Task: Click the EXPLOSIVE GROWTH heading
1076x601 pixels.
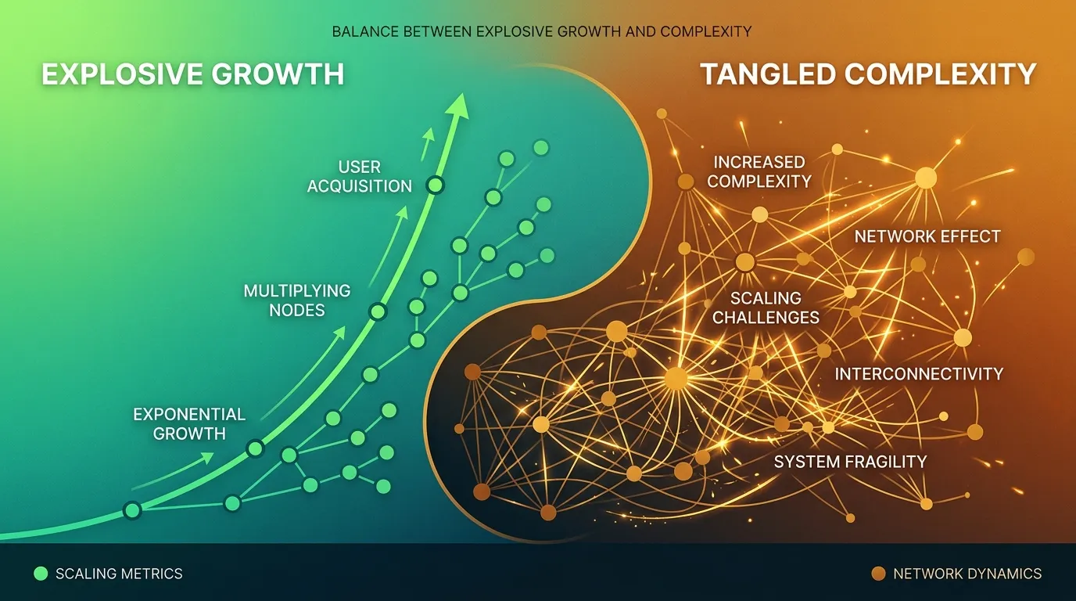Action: (192, 74)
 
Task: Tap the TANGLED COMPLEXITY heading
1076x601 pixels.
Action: (868, 74)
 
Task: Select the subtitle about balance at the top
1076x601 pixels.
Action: (541, 32)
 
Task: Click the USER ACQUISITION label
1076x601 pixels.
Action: (360, 177)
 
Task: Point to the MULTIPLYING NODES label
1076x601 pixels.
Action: (297, 300)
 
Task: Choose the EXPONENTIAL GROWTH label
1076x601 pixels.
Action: (189, 423)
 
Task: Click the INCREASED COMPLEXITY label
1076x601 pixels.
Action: (759, 171)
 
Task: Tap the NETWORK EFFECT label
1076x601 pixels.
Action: (927, 236)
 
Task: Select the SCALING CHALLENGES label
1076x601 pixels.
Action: (766, 308)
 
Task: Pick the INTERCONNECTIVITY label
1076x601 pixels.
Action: (919, 374)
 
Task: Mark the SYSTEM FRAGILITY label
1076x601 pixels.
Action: (850, 462)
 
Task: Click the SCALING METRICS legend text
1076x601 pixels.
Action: (119, 574)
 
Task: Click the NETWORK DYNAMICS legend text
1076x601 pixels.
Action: (967, 574)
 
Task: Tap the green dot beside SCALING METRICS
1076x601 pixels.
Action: (41, 574)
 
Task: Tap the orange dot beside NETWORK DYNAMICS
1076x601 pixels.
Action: (878, 574)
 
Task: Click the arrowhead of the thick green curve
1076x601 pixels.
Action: (459, 104)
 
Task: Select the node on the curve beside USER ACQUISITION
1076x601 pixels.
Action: (435, 185)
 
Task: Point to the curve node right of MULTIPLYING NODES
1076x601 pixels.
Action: (378, 311)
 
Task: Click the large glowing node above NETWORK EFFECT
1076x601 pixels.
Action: (926, 178)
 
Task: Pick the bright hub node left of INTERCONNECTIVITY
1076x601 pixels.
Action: (676, 379)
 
